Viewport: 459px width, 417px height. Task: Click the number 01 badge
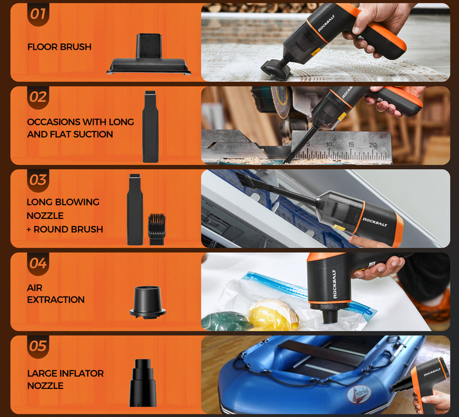pyautogui.click(x=38, y=14)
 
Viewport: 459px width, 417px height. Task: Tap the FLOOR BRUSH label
pyautogui.click(x=60, y=47)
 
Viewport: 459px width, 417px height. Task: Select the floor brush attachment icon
pyautogui.click(x=149, y=54)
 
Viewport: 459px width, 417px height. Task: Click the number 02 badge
pyautogui.click(x=38, y=98)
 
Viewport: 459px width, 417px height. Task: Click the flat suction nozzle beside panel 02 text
pyautogui.click(x=150, y=126)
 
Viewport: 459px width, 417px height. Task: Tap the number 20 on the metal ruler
pyautogui.click(x=372, y=145)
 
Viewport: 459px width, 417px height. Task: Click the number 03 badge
pyautogui.click(x=38, y=180)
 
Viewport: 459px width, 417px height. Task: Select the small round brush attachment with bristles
pyautogui.click(x=157, y=229)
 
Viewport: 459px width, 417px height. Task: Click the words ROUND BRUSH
pyautogui.click(x=68, y=229)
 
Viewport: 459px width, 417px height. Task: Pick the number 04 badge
pyautogui.click(x=38, y=263)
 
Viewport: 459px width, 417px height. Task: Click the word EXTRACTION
pyautogui.click(x=56, y=299)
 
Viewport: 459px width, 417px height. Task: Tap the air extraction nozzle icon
pyautogui.click(x=148, y=303)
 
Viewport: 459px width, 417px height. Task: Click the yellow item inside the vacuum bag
pyautogui.click(x=273, y=314)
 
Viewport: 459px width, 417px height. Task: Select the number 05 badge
pyautogui.click(x=38, y=346)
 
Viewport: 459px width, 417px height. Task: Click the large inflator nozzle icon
pyautogui.click(x=143, y=383)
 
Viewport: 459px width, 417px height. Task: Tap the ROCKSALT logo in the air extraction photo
pyautogui.click(x=334, y=284)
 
